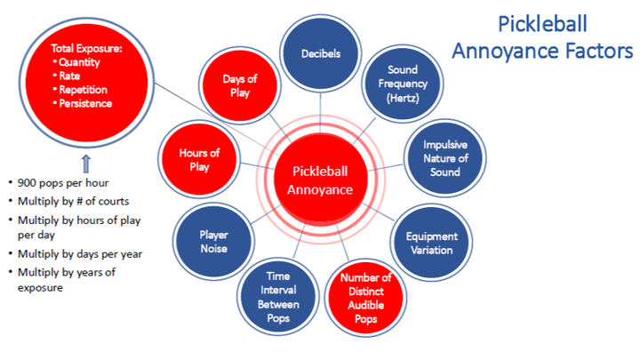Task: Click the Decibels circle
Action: (x=321, y=53)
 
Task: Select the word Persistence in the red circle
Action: (x=85, y=104)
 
